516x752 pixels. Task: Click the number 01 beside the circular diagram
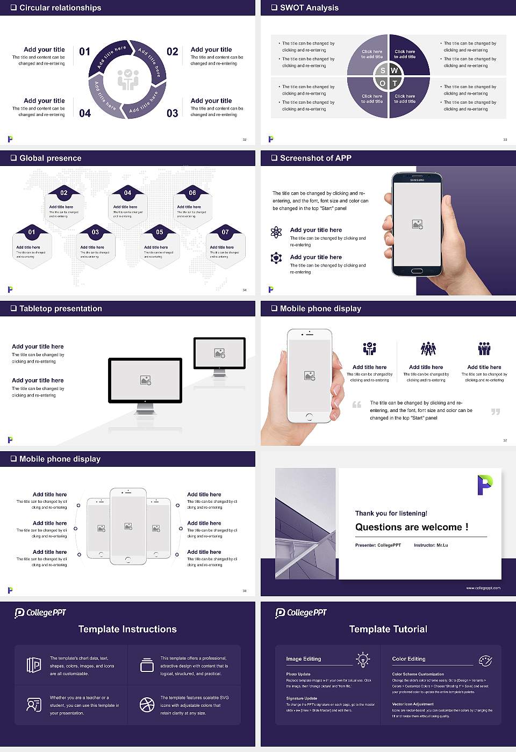click(85, 52)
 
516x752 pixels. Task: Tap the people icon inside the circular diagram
click(128, 79)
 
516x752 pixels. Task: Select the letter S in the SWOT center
click(383, 70)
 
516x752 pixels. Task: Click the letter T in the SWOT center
click(395, 83)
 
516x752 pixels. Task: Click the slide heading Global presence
click(50, 158)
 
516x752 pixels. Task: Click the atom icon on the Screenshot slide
click(276, 232)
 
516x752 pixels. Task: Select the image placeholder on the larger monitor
click(145, 380)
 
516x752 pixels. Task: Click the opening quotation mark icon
click(357, 404)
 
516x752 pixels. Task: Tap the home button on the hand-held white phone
click(309, 417)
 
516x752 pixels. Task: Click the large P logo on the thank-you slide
click(484, 485)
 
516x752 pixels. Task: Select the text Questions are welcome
click(411, 527)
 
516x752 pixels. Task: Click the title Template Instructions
click(127, 629)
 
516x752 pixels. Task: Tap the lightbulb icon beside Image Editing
click(363, 659)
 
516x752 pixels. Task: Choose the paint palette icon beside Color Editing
click(485, 660)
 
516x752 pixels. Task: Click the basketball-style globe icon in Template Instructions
click(147, 705)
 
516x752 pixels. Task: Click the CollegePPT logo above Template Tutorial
click(301, 613)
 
